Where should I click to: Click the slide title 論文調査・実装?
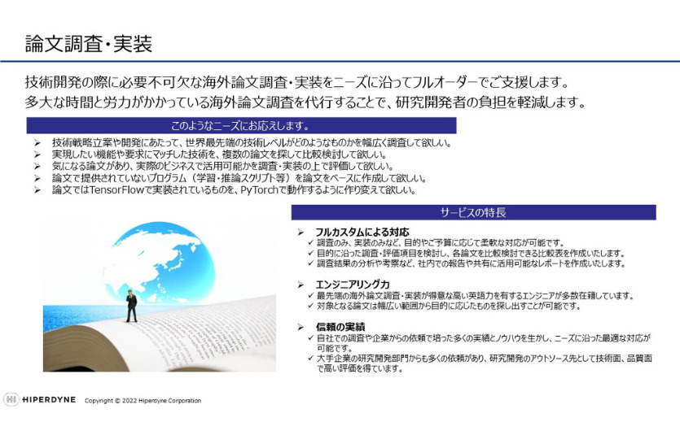[x=89, y=44]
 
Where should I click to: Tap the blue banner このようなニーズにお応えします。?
[x=241, y=125]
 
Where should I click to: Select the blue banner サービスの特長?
[x=473, y=212]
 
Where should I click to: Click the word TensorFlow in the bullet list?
[x=116, y=190]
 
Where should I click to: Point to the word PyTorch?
[x=259, y=190]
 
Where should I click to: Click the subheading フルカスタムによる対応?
[x=362, y=232]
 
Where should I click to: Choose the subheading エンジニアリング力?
[x=353, y=285]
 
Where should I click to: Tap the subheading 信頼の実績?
[x=340, y=327]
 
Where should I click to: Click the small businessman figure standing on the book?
[x=131, y=306]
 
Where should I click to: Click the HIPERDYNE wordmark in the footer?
[x=49, y=399]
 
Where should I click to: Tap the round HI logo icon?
[x=11, y=399]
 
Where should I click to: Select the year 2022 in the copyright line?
[x=129, y=401]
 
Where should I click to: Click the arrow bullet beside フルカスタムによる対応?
[x=301, y=233]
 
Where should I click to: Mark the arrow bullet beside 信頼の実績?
[x=301, y=327]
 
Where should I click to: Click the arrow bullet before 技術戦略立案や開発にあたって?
[x=37, y=143]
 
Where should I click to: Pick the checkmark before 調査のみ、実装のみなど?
[x=310, y=242]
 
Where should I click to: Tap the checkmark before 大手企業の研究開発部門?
[x=310, y=358]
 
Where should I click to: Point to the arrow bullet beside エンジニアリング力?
[x=301, y=285]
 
